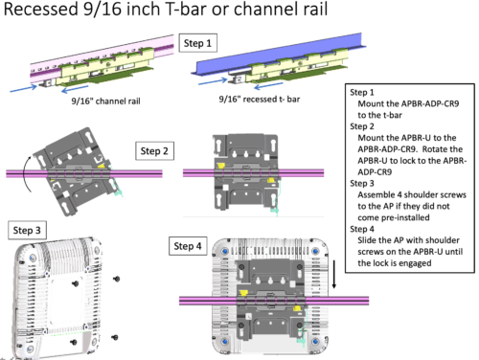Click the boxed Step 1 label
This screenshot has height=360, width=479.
point(197,43)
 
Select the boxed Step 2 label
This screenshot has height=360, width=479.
point(154,151)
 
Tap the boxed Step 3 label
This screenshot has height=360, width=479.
point(27,230)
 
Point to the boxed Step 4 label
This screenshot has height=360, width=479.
point(188,246)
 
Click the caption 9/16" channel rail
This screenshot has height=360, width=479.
point(105,101)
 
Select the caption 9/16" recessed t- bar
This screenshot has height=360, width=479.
point(260,100)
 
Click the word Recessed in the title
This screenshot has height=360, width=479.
point(41,9)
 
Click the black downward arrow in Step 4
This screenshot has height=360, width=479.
point(334,275)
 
